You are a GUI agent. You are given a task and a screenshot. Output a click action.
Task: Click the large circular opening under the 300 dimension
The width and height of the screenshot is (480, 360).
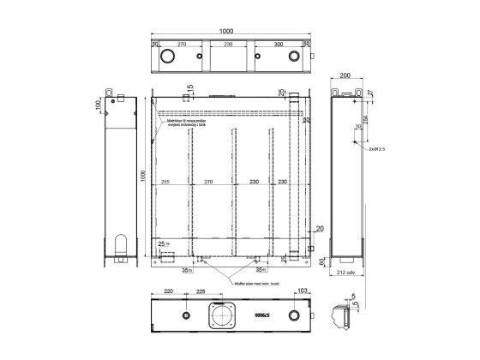click(x=295, y=57)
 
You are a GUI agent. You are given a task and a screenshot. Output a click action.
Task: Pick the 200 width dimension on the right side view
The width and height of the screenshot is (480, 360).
click(x=346, y=76)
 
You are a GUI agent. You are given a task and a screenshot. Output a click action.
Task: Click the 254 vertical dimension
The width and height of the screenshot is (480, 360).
click(x=367, y=121)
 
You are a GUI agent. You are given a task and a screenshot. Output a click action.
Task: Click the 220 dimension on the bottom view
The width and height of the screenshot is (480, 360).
click(x=168, y=292)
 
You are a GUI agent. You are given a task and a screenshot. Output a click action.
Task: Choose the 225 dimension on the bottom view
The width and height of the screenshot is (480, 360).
click(x=201, y=292)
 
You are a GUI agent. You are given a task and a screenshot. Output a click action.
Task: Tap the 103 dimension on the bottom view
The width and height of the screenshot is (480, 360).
click(x=302, y=292)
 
